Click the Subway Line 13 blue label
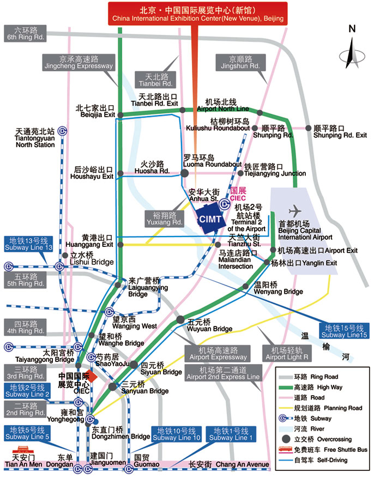coord(31,244)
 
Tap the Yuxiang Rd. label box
coord(164,219)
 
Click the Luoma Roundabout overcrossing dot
coord(184,173)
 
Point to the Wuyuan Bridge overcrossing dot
coord(179,320)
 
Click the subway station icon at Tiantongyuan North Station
coord(63,130)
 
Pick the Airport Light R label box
coord(287,353)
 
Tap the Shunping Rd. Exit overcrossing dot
coord(309,128)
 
